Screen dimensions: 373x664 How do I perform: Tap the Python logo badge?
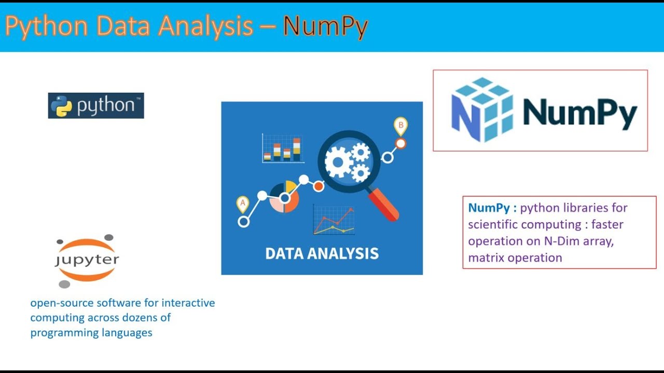96,106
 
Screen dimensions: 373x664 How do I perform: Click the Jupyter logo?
87,260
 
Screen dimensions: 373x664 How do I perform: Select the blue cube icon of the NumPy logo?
482,110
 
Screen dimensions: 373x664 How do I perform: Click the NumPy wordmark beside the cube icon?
579,112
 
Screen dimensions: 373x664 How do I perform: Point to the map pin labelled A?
242,204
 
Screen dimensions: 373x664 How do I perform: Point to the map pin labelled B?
400,125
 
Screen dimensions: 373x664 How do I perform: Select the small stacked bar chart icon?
283,149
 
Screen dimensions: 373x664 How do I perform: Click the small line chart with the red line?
334,220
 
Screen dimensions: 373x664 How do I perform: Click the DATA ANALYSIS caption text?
322,253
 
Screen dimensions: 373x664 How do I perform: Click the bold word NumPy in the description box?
489,208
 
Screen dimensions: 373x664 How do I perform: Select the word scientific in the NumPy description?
493,224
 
